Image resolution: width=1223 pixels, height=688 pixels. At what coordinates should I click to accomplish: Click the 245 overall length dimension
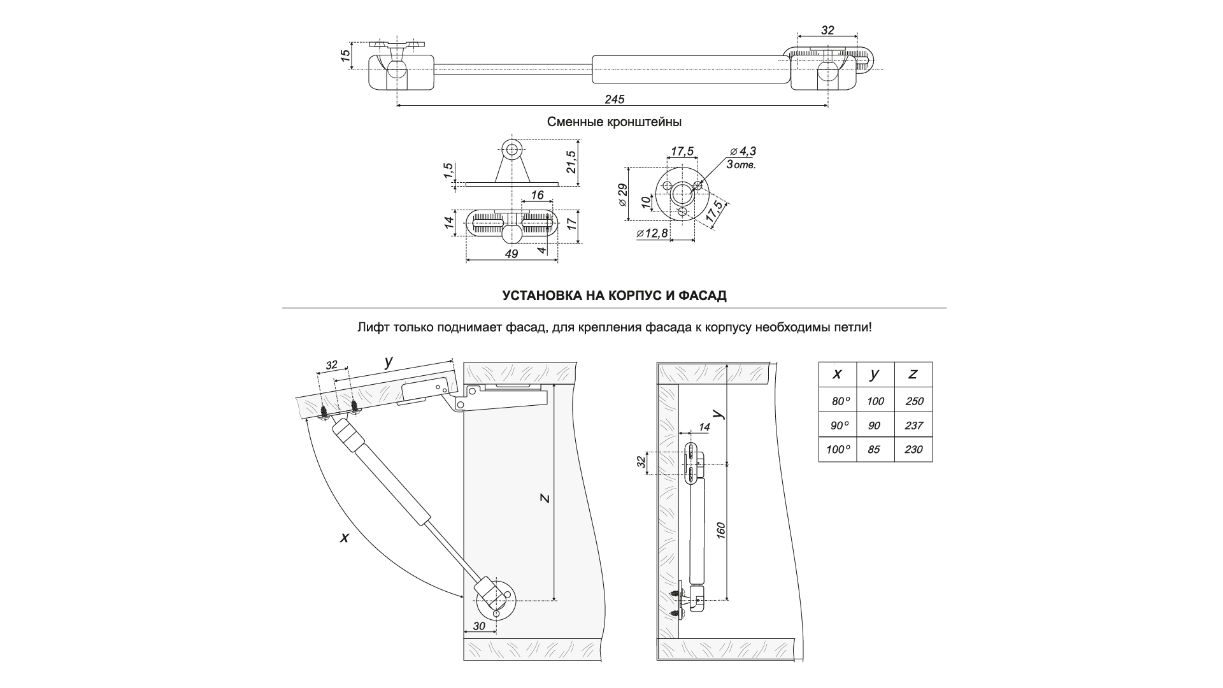[615, 99]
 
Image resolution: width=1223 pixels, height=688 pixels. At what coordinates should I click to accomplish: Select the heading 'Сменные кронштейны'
[614, 121]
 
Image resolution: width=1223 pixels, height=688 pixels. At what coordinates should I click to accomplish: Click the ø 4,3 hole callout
[743, 152]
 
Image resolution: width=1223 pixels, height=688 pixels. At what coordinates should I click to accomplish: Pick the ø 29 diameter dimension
[622, 194]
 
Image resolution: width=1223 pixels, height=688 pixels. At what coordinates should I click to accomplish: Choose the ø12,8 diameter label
[652, 233]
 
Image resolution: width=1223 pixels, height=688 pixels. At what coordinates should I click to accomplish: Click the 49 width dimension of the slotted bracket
[511, 254]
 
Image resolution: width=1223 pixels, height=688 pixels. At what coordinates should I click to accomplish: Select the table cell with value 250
[913, 401]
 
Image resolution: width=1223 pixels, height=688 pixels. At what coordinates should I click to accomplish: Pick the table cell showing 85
[874, 450]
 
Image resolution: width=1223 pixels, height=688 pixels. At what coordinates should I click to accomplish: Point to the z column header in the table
[913, 374]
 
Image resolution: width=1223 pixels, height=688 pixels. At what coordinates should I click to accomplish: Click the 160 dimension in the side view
[720, 530]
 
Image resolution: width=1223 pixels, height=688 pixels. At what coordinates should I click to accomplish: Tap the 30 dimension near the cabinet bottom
[478, 626]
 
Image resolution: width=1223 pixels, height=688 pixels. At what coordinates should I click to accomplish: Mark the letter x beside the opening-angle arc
[345, 538]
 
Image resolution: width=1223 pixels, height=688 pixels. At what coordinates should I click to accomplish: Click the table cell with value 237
[913, 426]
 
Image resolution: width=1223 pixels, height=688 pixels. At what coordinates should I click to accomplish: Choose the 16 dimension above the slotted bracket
[537, 196]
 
